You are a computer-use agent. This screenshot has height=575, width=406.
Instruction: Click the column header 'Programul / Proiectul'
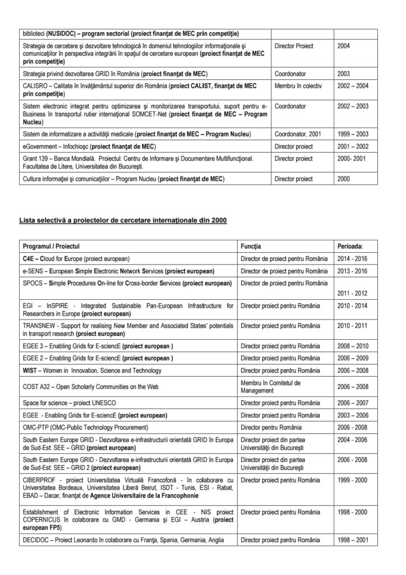51,247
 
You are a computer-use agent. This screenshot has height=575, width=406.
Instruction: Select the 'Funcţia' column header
251,247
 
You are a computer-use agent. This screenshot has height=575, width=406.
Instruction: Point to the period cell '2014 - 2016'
353,259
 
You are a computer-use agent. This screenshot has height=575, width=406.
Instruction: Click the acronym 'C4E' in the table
30,259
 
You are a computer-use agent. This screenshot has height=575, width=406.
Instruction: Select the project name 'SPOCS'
34,283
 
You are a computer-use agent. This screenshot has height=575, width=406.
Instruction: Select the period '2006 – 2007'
354,403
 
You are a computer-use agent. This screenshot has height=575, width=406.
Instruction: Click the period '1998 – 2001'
354,539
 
